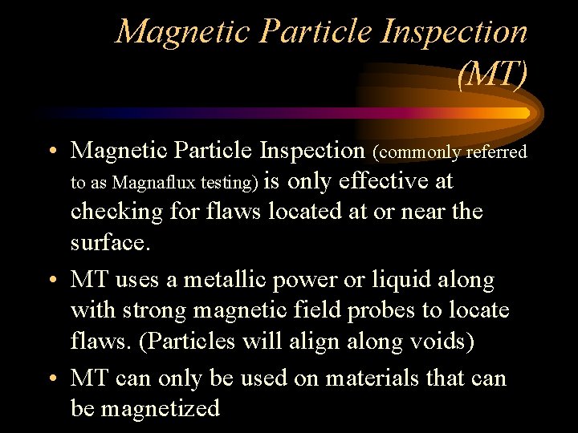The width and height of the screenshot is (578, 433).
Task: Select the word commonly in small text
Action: [x=411, y=152]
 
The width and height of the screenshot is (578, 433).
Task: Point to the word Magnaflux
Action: [x=152, y=183]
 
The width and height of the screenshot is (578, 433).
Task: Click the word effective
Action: [x=385, y=181]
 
